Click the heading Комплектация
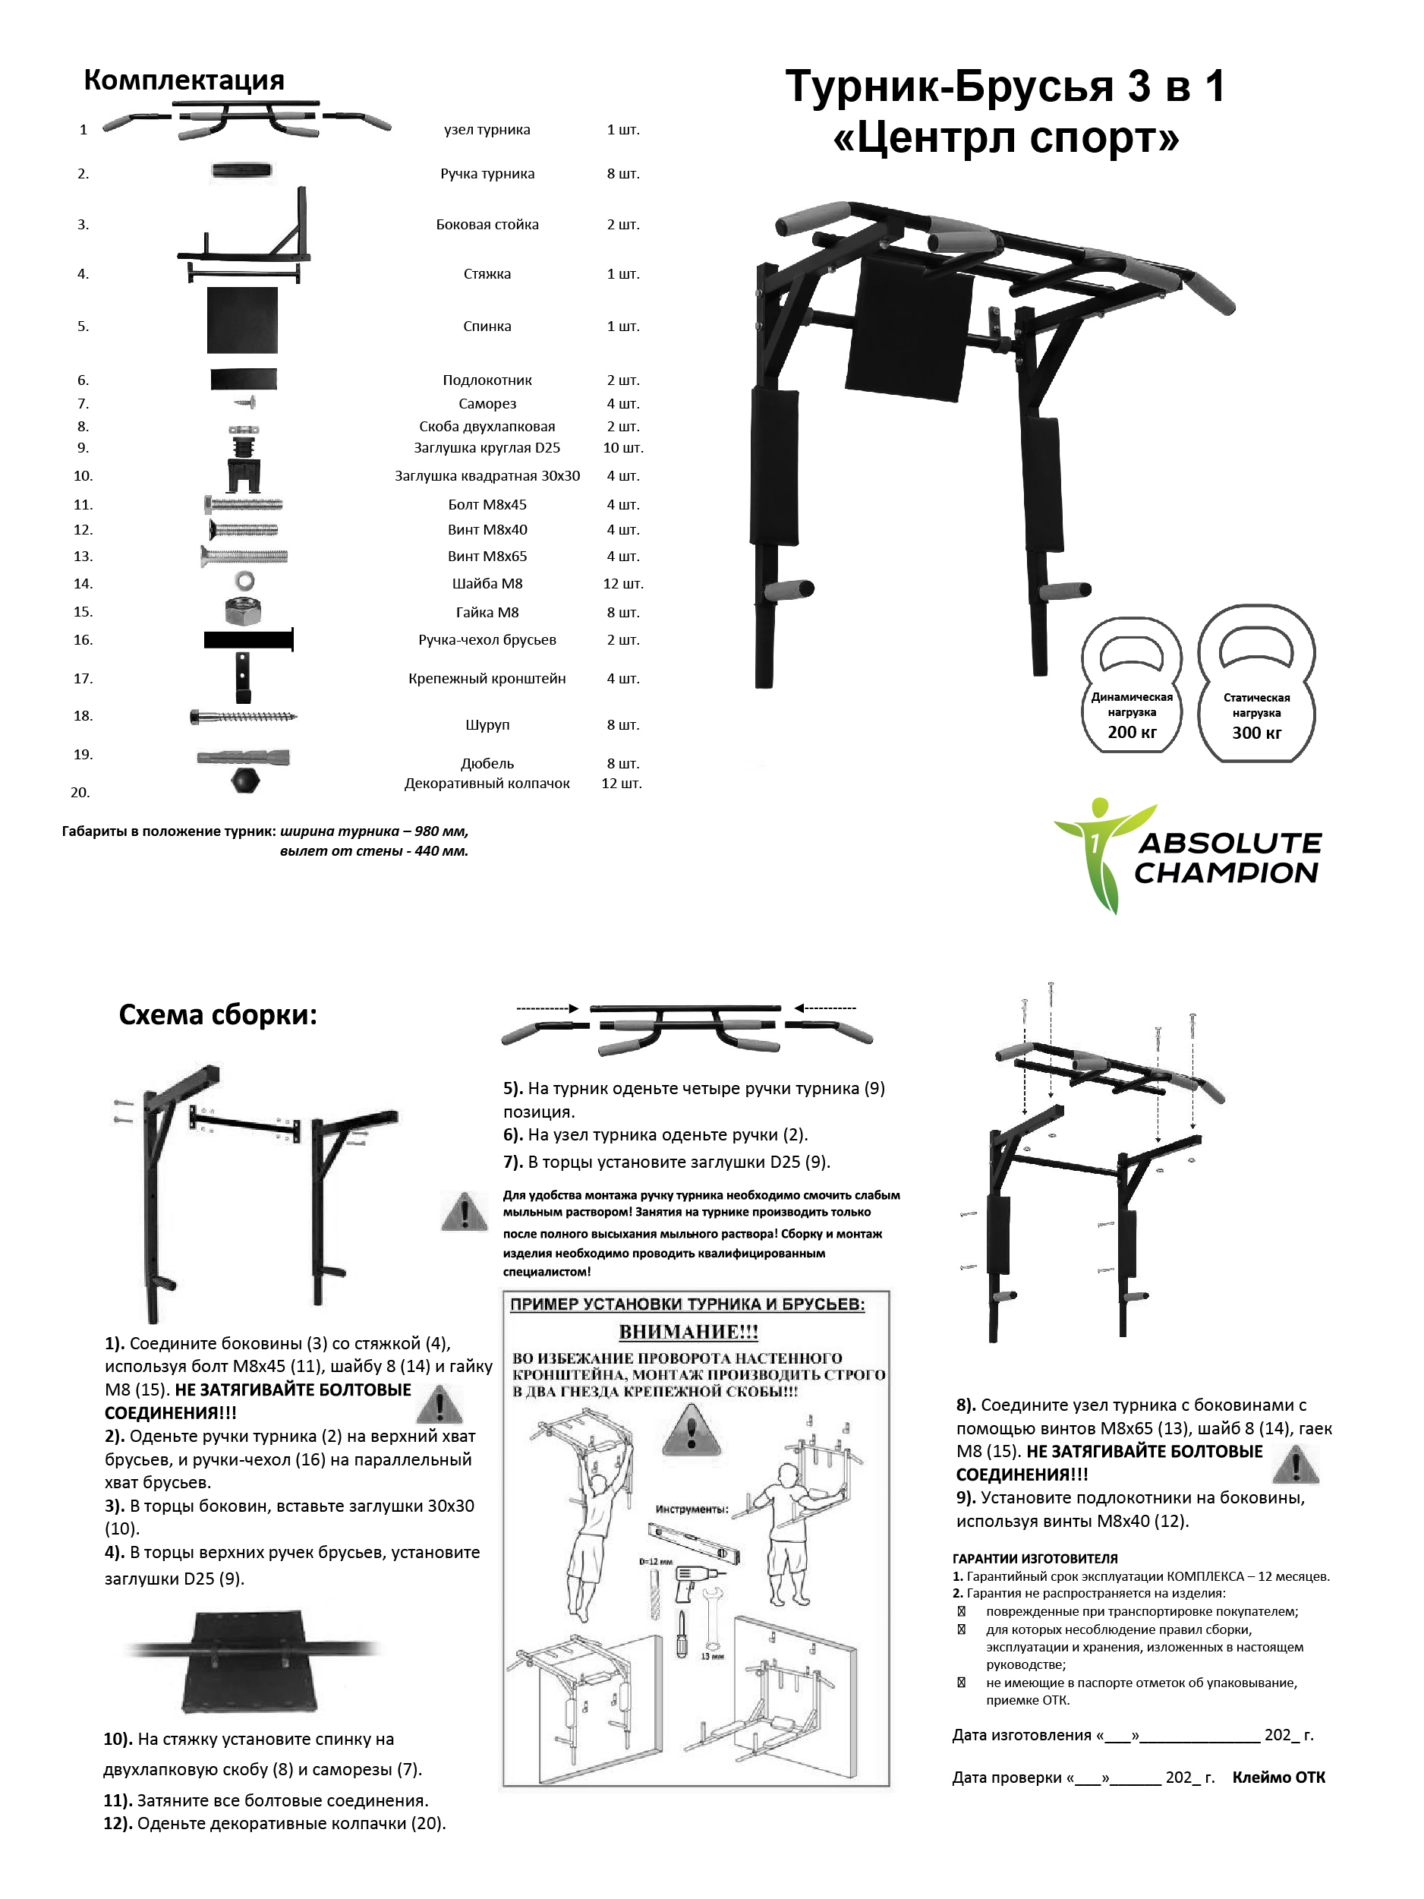pyautogui.click(x=184, y=80)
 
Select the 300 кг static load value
pyautogui.click(x=1255, y=732)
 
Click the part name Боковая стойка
pyautogui.click(x=487, y=224)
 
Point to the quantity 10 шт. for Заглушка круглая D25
pyautogui.click(x=622, y=447)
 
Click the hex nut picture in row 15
pyautogui.click(x=244, y=611)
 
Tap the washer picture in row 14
pyautogui.click(x=244, y=581)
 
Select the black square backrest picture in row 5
pyautogui.click(x=242, y=320)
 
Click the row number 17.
pyautogui.click(x=83, y=678)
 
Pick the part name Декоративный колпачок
pyautogui.click(x=487, y=783)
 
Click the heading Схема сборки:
pyautogui.click(x=218, y=1014)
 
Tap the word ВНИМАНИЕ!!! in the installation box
pyautogui.click(x=688, y=1332)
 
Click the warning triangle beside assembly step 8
pyautogui.click(x=1295, y=1465)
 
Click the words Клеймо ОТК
pyautogui.click(x=1278, y=1777)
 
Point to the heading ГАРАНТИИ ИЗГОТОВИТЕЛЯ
pyautogui.click(x=1035, y=1558)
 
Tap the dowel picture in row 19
pyautogui.click(x=244, y=757)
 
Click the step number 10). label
pyautogui.click(x=118, y=1739)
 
